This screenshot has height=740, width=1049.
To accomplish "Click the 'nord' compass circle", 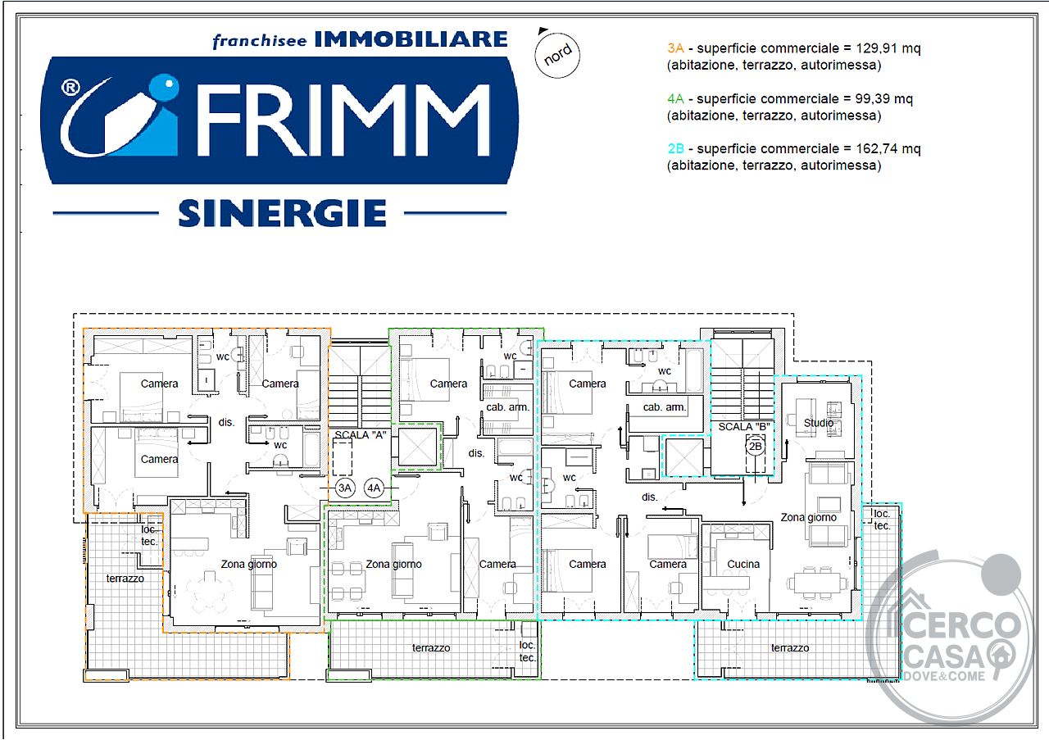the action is pyautogui.click(x=556, y=55).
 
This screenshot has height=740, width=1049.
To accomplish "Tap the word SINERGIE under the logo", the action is pyautogui.click(x=283, y=213).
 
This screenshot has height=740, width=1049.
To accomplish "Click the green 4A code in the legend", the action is pyautogui.click(x=675, y=98).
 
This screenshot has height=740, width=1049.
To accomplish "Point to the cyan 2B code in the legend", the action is pyautogui.click(x=676, y=148).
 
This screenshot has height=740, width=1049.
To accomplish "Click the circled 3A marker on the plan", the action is pyautogui.click(x=345, y=488).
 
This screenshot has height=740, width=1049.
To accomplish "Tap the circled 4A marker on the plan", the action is pyautogui.click(x=374, y=488).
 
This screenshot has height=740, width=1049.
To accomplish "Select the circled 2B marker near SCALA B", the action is pyautogui.click(x=755, y=446).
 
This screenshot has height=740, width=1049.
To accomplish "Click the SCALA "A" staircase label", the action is pyautogui.click(x=360, y=434).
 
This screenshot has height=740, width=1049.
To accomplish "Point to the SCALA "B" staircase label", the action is pyautogui.click(x=744, y=427).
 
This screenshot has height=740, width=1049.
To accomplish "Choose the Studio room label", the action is pyautogui.click(x=819, y=423).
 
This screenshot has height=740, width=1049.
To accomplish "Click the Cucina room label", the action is pyautogui.click(x=743, y=564).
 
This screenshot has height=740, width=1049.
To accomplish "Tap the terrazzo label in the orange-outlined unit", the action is pyautogui.click(x=125, y=579).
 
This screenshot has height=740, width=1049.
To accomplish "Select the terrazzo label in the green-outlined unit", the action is pyautogui.click(x=431, y=647).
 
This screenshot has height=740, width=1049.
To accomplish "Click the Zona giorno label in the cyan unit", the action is pyautogui.click(x=808, y=518).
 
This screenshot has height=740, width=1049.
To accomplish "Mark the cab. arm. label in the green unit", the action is pyautogui.click(x=507, y=407).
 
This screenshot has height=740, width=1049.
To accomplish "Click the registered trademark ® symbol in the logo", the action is pyautogui.click(x=70, y=88).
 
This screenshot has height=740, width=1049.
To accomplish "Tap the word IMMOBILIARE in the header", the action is pyautogui.click(x=411, y=39).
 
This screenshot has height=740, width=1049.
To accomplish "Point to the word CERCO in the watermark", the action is pyautogui.click(x=962, y=625).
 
